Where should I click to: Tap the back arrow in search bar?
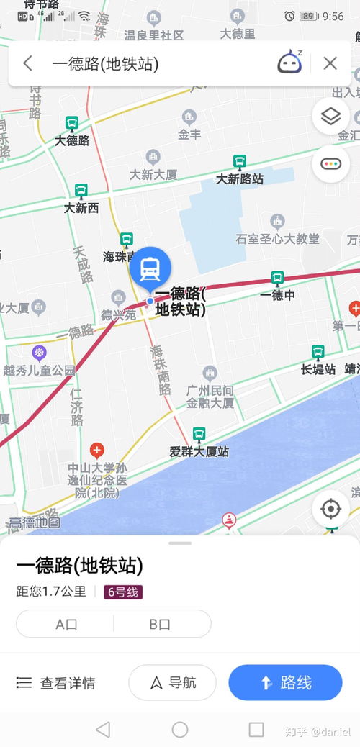[x=27, y=63]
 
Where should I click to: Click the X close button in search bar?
[x=330, y=63]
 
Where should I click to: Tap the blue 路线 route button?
[x=285, y=682]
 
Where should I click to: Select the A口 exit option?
[x=66, y=624]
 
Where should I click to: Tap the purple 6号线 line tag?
[x=123, y=592]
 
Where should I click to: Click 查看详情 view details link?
[x=55, y=683]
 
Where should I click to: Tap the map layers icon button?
[x=330, y=117]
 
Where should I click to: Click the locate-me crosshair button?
[x=330, y=510]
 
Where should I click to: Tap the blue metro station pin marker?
[x=150, y=268]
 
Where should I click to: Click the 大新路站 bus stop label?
[x=240, y=178]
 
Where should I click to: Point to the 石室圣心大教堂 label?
[x=277, y=238]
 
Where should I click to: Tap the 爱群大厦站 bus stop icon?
[x=199, y=435]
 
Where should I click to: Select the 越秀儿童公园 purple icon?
[x=39, y=353]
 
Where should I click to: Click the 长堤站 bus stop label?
[x=318, y=369]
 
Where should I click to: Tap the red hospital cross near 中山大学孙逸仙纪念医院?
[x=96, y=451]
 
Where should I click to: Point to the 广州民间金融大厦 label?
[x=210, y=397]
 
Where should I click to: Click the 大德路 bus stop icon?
[x=72, y=124]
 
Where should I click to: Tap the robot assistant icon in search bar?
[x=289, y=63]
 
